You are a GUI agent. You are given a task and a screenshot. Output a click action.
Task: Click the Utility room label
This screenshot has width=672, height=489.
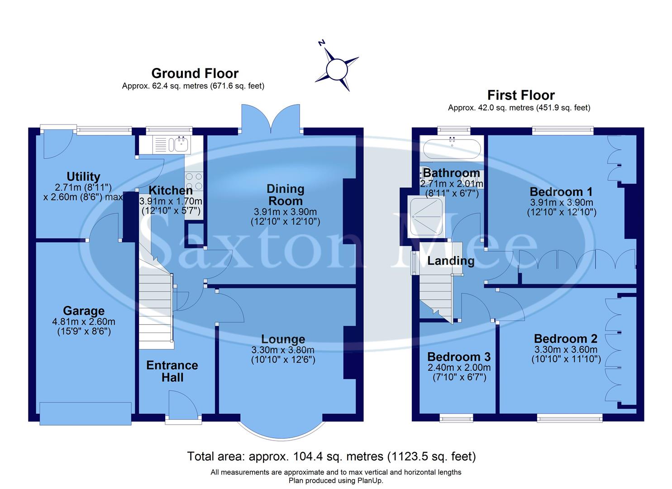click(x=83, y=177)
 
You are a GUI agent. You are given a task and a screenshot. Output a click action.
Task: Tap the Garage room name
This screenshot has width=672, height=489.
click(x=84, y=311)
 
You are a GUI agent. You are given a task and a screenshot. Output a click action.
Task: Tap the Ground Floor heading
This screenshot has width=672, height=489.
click(x=195, y=73)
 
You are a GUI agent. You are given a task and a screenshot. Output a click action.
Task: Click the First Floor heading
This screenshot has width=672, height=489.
click(x=521, y=95)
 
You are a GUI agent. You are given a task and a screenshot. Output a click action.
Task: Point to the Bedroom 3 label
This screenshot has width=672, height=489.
click(x=459, y=357)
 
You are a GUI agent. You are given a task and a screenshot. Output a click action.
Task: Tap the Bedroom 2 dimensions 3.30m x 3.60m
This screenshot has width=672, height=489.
click(x=566, y=350)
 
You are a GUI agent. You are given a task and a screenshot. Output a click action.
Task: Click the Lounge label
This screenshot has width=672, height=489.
click(x=283, y=339)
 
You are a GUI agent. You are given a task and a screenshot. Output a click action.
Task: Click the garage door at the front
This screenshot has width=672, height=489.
click(x=86, y=413)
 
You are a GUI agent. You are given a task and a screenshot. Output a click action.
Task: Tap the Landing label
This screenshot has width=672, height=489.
click(x=451, y=261)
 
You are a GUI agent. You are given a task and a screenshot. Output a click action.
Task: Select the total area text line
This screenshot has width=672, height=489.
click(x=331, y=456)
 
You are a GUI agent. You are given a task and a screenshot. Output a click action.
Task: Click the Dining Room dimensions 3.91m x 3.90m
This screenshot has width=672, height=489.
click(x=285, y=212)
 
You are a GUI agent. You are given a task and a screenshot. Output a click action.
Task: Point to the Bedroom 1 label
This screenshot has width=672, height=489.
click(x=561, y=192)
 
